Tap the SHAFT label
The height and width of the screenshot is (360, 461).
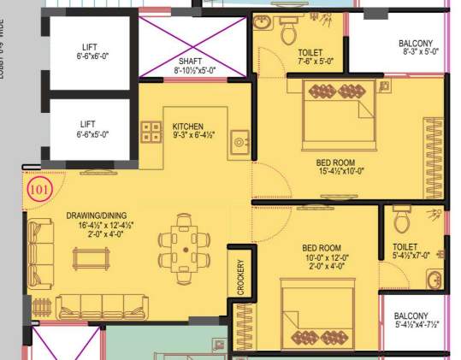[190, 62]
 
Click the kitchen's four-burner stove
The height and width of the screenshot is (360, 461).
[151, 132]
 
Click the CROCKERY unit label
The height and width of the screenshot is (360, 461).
[240, 277]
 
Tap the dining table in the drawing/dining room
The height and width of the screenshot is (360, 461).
[186, 249]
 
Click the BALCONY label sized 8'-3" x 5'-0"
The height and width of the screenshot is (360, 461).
[416, 44]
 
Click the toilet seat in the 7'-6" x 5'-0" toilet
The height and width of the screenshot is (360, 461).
[288, 32]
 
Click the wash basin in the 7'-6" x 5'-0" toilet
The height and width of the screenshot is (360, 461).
[263, 22]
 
